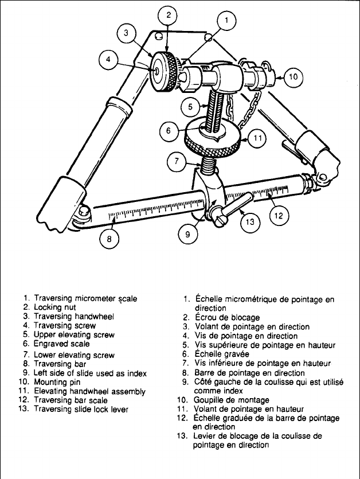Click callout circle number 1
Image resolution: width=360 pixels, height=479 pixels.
[x=226, y=22]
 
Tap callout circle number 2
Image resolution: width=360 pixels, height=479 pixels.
[x=167, y=16]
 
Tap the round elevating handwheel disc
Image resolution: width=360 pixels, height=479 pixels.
[x=212, y=141]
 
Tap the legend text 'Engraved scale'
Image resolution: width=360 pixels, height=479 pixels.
[x=61, y=344]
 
